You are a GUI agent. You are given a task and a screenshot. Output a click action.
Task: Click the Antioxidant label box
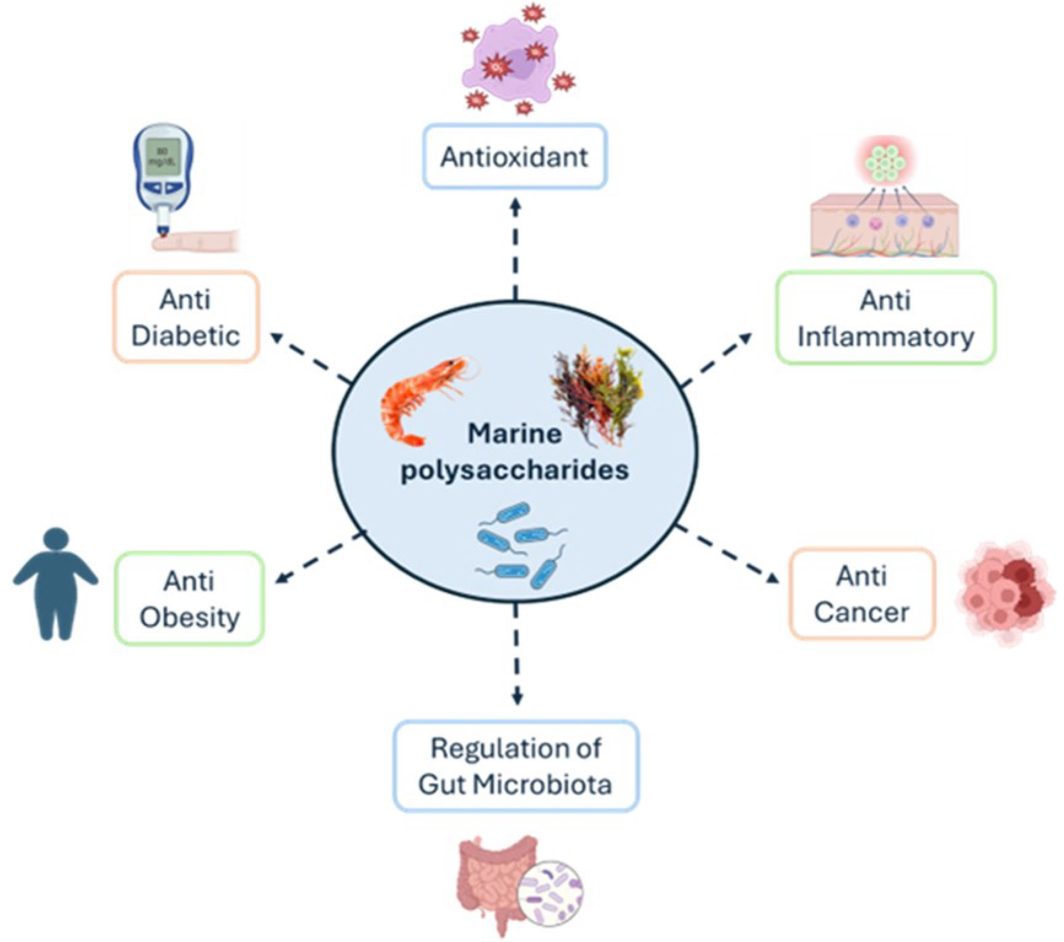click(514, 156)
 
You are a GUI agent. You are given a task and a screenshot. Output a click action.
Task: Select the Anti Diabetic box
click(186, 317)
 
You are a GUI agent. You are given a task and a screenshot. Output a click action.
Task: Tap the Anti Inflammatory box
click(886, 317)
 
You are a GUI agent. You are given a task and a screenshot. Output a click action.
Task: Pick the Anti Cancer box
click(862, 593)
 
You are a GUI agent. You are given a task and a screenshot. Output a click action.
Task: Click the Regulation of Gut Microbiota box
click(515, 766)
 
